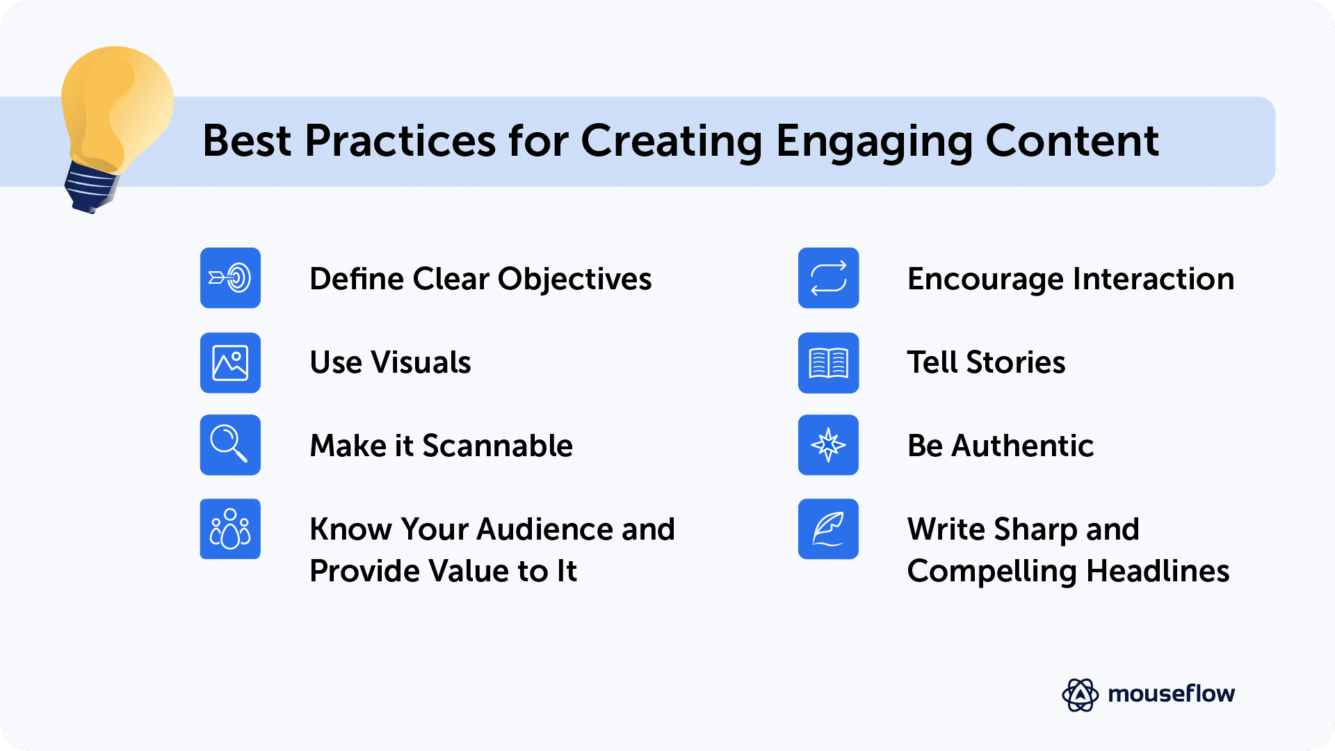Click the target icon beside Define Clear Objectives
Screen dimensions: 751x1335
230,278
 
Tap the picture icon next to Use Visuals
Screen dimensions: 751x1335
230,363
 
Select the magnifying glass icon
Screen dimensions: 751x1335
230,445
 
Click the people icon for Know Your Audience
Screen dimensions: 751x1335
230,529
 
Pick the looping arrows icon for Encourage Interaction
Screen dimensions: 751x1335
828,278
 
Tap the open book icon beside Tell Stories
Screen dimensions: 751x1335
828,363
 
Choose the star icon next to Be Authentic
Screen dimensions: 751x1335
828,445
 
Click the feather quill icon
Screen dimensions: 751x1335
828,529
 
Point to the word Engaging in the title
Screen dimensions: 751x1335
873,142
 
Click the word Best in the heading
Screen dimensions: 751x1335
247,141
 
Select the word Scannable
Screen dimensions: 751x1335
497,446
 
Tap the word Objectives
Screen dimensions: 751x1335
574,280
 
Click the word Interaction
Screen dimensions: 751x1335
1154,279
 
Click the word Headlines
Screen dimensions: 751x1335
1157,572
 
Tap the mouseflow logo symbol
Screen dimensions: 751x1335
1080,695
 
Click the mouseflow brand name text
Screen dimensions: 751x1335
1171,694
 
